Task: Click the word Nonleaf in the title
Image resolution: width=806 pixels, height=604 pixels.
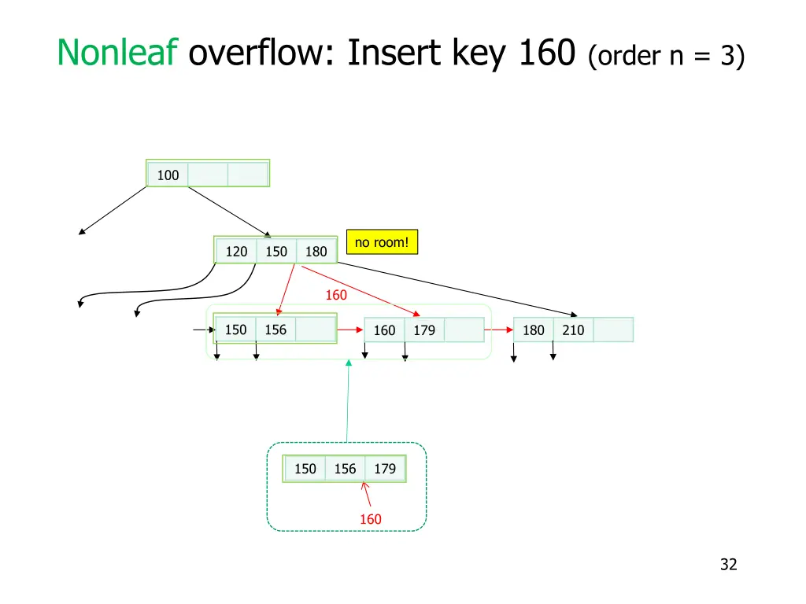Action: tap(115, 53)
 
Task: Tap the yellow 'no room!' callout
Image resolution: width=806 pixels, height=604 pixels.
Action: tap(382, 242)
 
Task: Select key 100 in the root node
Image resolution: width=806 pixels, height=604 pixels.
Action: tap(168, 175)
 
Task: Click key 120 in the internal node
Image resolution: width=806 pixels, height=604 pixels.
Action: tap(236, 251)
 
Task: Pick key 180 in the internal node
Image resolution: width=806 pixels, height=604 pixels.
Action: tap(316, 251)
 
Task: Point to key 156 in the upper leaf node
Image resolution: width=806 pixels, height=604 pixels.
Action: tap(275, 330)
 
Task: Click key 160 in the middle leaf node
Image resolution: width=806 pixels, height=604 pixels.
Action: tap(384, 330)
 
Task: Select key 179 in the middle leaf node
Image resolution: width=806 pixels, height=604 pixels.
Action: tap(424, 330)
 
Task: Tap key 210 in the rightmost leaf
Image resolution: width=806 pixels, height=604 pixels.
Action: tap(573, 330)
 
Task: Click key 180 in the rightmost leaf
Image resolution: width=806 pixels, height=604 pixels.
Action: tap(534, 330)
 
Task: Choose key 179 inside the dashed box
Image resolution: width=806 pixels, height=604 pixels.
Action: tap(385, 469)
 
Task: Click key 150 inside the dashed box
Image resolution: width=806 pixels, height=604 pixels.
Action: tap(305, 469)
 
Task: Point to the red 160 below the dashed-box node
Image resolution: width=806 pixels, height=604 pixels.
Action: tap(370, 519)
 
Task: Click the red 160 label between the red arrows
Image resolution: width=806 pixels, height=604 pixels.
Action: tap(336, 295)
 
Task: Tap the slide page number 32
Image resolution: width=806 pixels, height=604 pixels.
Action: tap(728, 564)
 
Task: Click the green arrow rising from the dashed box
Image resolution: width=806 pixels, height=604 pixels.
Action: tap(348, 401)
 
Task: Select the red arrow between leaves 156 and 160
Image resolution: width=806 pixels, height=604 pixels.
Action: tap(349, 330)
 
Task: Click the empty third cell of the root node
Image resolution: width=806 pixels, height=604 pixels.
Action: tap(248, 175)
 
